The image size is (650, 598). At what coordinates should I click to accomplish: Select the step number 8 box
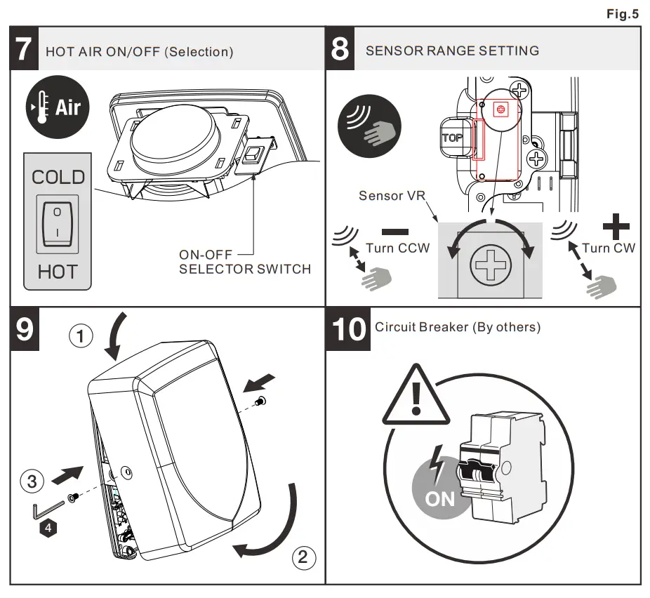click(x=340, y=51)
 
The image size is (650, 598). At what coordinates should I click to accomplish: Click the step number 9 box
click(x=25, y=328)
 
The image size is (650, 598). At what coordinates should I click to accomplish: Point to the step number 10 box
click(x=348, y=328)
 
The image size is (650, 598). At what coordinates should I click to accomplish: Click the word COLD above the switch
click(x=58, y=177)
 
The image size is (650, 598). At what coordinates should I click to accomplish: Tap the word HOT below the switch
click(x=58, y=272)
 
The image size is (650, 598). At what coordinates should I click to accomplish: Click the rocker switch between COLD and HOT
click(x=58, y=224)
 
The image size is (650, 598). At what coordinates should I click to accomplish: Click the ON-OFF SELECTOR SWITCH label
click(x=244, y=262)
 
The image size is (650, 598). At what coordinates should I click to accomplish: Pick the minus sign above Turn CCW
click(x=397, y=231)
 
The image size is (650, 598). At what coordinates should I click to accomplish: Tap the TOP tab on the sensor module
click(x=452, y=138)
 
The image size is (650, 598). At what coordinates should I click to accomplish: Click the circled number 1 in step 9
click(x=81, y=337)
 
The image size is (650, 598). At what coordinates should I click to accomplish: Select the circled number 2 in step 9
click(x=303, y=558)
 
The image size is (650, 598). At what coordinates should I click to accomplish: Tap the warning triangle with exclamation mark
click(x=417, y=398)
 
